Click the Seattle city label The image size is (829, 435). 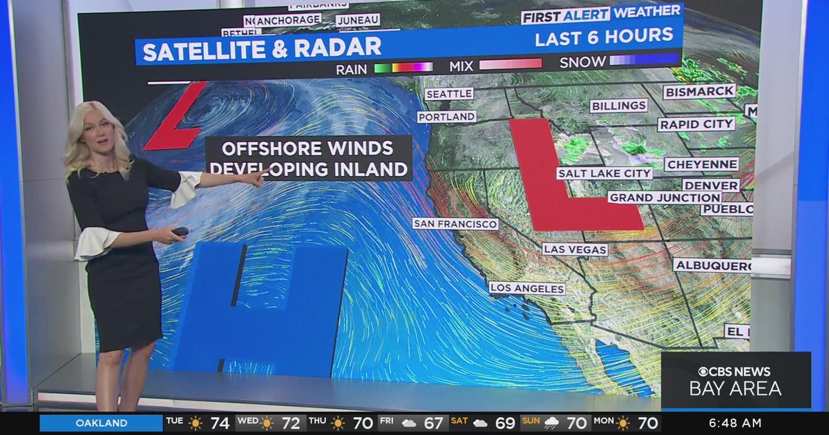click(448, 94)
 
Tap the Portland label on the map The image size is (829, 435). click(447, 117)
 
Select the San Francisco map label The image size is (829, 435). click(455, 224)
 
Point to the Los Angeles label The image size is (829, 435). click(527, 288)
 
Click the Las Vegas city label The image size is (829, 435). click(575, 249)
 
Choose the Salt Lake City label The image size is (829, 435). click(604, 173)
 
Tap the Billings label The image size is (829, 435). click(618, 106)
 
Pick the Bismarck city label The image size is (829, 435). click(699, 91)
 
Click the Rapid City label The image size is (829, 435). click(696, 124)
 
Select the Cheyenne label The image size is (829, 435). click(701, 164)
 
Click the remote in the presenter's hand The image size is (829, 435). click(181, 231)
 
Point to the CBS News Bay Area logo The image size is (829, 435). click(735, 380)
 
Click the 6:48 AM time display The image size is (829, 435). click(734, 423)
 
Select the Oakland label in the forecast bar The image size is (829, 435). click(101, 423)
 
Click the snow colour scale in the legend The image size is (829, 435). click(643, 61)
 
